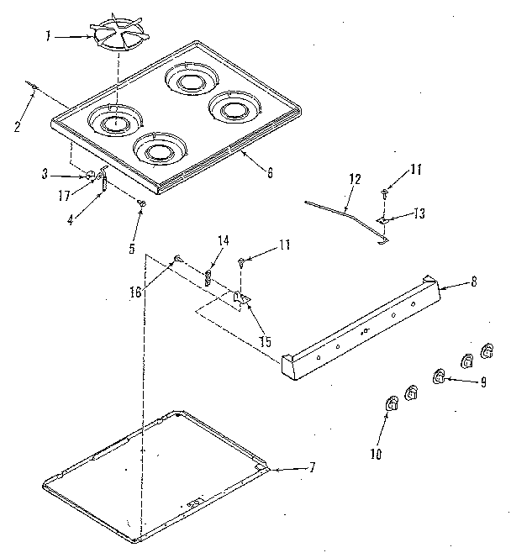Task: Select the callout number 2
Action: tap(17, 128)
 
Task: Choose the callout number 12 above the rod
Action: tap(355, 179)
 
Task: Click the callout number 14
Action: tap(223, 241)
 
